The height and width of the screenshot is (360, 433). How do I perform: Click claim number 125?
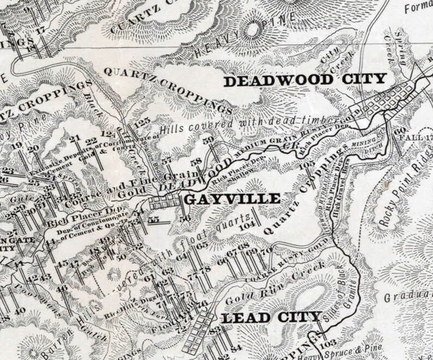(141, 121)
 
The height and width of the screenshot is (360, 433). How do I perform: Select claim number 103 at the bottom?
(327, 344)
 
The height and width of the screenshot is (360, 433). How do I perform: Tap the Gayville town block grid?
(164, 202)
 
